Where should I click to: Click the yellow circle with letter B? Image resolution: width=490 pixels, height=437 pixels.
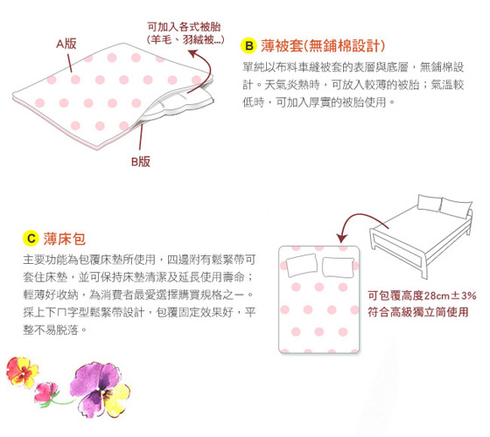248,45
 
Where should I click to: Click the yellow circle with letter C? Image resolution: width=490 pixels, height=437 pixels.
31,239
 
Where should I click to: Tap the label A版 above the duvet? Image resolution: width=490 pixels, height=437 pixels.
66,44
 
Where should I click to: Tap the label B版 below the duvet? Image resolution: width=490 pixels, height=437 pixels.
141,162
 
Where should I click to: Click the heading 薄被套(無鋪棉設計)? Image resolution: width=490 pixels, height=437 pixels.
323,45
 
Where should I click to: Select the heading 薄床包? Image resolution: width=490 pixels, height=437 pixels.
65,239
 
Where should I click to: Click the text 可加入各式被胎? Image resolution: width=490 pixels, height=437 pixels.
184,27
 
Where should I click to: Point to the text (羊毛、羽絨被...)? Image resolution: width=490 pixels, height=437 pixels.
185,39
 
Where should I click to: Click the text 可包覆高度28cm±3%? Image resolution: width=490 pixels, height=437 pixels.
422,295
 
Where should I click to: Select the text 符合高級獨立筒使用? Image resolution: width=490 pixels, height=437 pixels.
418,312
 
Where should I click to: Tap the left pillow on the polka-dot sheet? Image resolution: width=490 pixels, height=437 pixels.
302,266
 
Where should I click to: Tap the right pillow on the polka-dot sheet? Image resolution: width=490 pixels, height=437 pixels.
338,267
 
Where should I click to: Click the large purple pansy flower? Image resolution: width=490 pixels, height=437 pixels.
100,389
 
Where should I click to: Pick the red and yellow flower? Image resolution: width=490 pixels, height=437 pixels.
22,372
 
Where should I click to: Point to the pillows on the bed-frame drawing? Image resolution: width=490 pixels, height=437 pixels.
444,205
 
